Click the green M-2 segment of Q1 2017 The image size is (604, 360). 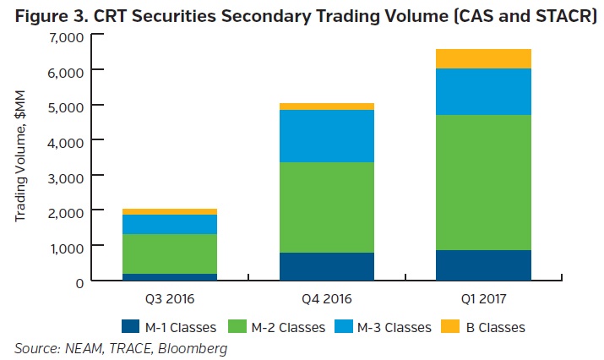click(482, 182)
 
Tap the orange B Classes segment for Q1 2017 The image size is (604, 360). click(482, 58)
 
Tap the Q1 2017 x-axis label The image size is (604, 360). click(482, 298)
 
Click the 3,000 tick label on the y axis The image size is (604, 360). click(65, 176)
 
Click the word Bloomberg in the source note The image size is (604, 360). click(196, 347)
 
